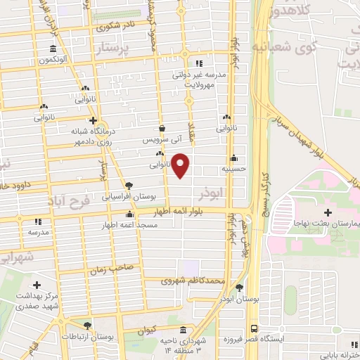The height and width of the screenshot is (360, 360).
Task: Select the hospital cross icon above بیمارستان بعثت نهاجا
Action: [328, 212]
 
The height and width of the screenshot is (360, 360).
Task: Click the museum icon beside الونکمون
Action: [53, 49]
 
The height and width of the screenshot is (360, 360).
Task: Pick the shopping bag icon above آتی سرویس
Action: [162, 129]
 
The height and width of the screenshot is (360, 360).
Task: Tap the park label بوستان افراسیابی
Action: [128, 196]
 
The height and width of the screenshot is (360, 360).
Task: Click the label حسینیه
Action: [233, 169]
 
